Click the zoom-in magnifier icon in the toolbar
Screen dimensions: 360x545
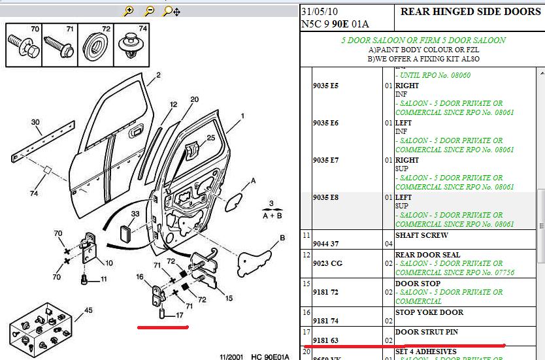coord(129,10)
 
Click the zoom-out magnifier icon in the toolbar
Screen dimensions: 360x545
coord(150,10)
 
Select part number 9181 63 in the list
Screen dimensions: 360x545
coord(325,340)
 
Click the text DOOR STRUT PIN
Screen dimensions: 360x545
coord(426,332)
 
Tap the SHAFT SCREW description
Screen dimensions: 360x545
coord(421,235)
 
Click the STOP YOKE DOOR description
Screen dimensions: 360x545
coord(429,312)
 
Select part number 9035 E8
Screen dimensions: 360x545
coord(325,197)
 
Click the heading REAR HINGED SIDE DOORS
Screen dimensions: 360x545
coord(470,11)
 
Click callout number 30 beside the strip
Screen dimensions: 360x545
coord(35,122)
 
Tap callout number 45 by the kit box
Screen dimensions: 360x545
coord(88,310)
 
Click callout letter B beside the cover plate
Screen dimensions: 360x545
coord(282,238)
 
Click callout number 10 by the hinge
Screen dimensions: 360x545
coord(108,263)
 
